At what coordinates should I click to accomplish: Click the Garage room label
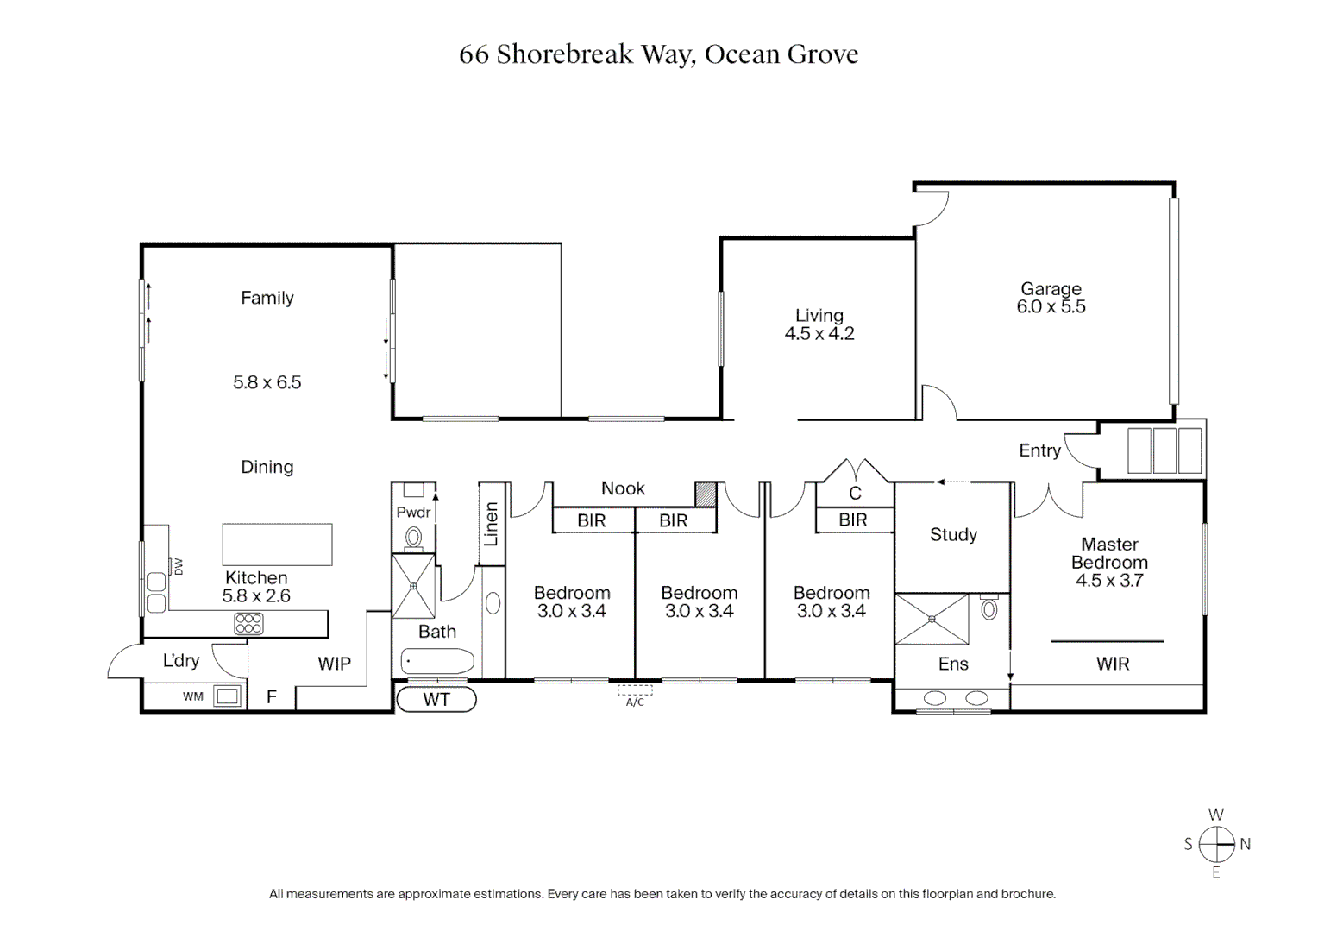point(1051,288)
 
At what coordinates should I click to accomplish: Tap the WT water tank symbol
point(436,700)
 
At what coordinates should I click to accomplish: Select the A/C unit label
point(635,702)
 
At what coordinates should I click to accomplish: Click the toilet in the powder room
point(414,538)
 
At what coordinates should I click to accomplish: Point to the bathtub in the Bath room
point(437,661)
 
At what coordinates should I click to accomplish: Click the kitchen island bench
point(277,545)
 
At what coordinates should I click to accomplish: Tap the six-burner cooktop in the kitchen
point(248,624)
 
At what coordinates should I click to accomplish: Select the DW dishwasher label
point(179,567)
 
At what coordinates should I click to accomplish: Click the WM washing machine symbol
point(227,696)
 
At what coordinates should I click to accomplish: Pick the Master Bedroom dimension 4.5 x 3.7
point(1109,581)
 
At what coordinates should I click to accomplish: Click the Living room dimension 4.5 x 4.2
point(819,333)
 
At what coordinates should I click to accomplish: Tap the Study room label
point(953,534)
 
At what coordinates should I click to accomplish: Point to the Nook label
point(623,488)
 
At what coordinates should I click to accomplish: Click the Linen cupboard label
point(492,524)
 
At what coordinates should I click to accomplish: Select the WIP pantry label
point(334,664)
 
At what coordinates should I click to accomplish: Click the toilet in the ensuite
point(989,608)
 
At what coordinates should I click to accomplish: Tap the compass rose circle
point(1216,844)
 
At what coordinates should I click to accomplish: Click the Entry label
point(1039,450)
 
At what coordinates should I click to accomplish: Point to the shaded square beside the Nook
point(706,494)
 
